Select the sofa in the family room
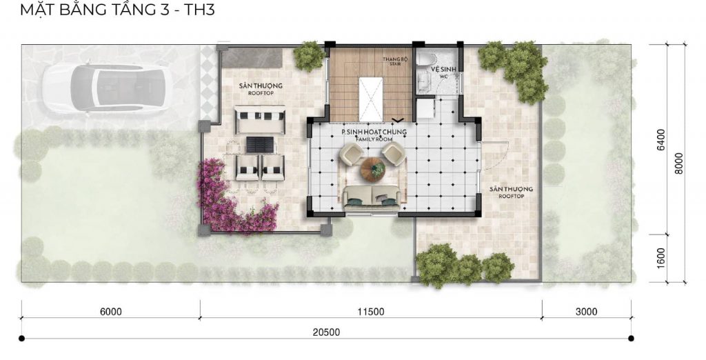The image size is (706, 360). click(x=372, y=198)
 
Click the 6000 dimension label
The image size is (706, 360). click(x=111, y=312)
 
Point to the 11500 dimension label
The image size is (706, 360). click(x=372, y=312)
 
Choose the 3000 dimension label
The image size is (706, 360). click(x=586, y=312)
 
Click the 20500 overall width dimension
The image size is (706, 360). click(x=326, y=332)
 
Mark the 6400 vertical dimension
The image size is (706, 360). click(x=660, y=140)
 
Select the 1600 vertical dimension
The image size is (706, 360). click(x=660, y=258)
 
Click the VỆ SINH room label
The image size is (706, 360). click(x=443, y=69)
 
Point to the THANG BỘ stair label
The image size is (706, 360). click(x=392, y=59)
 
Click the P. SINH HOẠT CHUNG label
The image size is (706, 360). click(x=374, y=132)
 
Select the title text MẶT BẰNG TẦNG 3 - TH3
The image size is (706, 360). click(x=117, y=9)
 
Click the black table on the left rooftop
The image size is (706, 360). click(x=260, y=145)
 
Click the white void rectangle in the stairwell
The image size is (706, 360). click(x=370, y=99)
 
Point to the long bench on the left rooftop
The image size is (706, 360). click(x=261, y=119)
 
